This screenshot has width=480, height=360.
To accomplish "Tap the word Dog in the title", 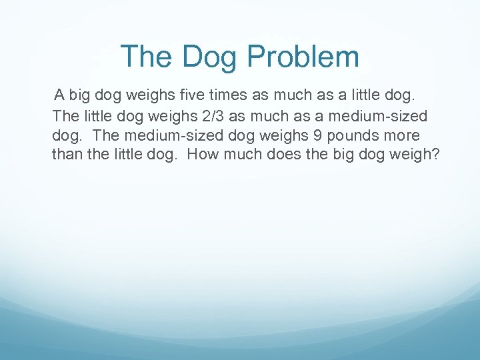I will [x=210, y=57].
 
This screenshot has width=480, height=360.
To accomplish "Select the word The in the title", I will [x=147, y=57].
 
